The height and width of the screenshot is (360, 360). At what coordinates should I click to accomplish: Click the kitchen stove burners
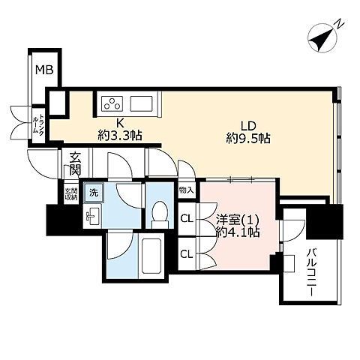point(112,103)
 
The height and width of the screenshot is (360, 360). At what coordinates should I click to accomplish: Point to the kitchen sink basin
point(140,103)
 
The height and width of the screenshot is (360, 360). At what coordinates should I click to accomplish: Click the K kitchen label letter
point(119,124)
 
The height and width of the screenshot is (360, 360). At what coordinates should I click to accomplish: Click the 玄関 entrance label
point(76,164)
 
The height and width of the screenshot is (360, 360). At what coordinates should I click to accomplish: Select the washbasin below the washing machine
point(92,217)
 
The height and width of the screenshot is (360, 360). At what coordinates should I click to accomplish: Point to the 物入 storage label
point(187,190)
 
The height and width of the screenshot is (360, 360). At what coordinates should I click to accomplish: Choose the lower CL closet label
point(187,253)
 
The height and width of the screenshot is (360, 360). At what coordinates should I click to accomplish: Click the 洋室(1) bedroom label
point(236,219)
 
